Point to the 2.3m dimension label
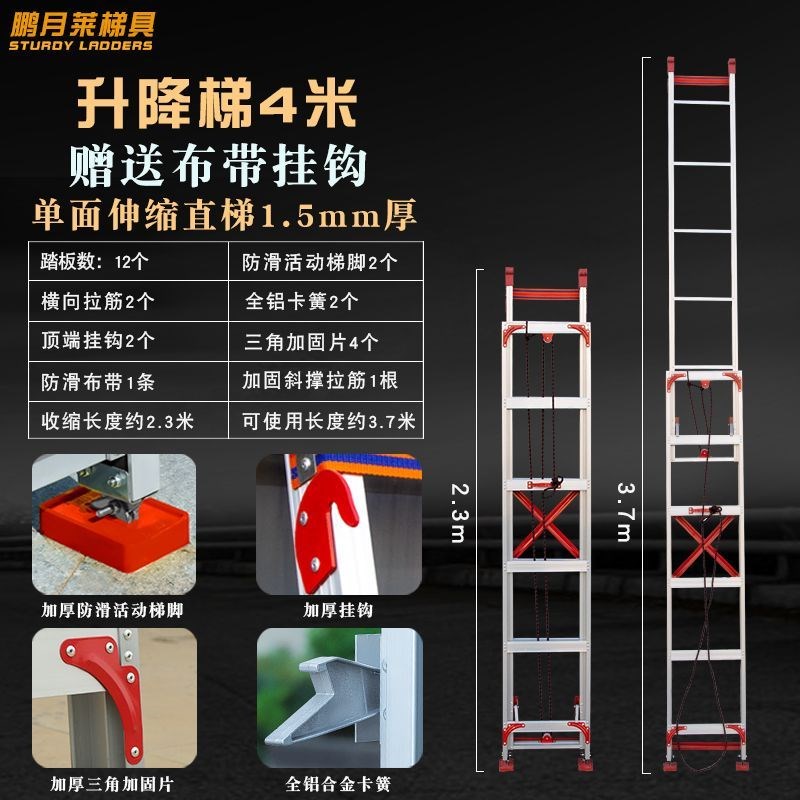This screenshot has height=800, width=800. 457,513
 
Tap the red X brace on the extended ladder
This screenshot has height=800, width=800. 706,545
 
